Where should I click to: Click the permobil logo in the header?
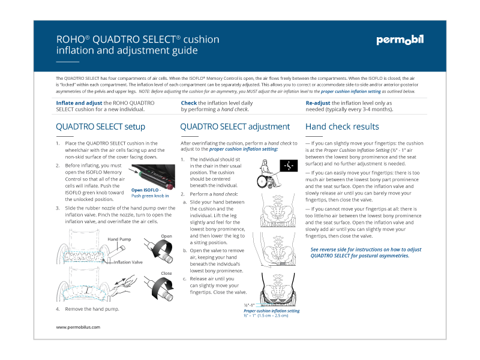coord(400,41)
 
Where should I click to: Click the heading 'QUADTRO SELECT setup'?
coord(100,127)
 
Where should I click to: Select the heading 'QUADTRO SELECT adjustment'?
coord(235,127)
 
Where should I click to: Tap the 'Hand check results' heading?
coord(342,127)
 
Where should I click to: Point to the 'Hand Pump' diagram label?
coord(119,239)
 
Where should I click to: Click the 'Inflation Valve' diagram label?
coord(128,262)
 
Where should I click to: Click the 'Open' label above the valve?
coord(166,236)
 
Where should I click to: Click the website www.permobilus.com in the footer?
coord(78,327)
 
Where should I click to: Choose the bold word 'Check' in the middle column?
coord(189,103)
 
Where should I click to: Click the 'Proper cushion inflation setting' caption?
coord(271,311)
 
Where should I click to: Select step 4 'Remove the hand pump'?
coord(92,308)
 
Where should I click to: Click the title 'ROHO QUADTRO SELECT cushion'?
coord(137,40)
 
